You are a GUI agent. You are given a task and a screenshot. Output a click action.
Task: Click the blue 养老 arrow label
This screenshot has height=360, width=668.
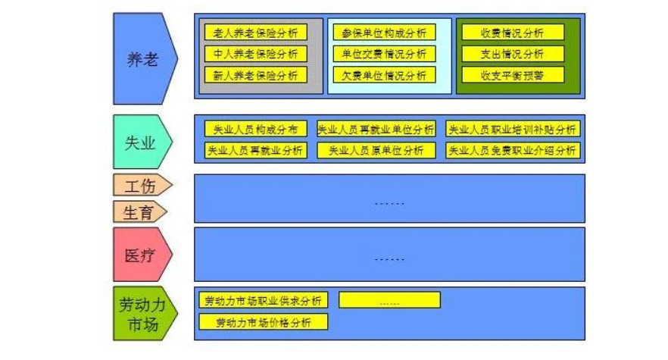[x=142, y=58]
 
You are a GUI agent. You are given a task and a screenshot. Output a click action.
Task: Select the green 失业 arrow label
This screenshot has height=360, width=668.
[x=140, y=142]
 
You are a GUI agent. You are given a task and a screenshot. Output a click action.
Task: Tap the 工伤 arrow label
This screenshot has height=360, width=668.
[x=140, y=185]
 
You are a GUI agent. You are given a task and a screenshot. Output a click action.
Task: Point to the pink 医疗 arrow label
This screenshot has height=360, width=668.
[x=140, y=255]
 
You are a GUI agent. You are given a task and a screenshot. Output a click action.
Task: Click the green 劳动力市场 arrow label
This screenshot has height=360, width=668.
[x=141, y=313]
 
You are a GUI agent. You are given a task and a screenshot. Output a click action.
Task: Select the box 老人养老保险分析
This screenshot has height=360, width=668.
[x=255, y=33]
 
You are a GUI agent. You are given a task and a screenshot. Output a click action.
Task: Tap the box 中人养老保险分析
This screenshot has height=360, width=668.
[x=255, y=54]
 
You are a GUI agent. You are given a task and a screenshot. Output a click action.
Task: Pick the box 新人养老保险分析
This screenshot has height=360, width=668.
[x=255, y=75]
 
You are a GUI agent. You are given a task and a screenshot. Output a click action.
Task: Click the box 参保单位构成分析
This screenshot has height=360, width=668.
[x=384, y=33]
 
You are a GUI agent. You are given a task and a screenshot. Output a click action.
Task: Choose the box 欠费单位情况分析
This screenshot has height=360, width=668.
[x=384, y=75]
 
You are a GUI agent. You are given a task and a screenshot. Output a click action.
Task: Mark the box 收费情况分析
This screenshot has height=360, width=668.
[x=513, y=33]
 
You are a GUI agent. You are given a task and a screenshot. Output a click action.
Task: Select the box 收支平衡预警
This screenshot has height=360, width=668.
[x=513, y=75]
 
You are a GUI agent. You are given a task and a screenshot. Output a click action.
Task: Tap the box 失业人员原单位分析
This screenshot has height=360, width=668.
[x=376, y=150]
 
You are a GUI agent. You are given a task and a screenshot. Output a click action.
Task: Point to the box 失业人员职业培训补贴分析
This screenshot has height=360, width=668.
[x=512, y=129]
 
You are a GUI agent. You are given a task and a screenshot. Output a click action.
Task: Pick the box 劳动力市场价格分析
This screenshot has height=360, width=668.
[x=264, y=322]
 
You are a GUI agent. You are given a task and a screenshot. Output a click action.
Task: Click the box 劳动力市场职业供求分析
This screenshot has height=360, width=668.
[x=264, y=300]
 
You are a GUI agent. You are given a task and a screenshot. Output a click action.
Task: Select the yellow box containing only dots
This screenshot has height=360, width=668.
[x=389, y=300]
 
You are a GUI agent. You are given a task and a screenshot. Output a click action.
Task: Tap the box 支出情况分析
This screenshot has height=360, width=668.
[x=513, y=54]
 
